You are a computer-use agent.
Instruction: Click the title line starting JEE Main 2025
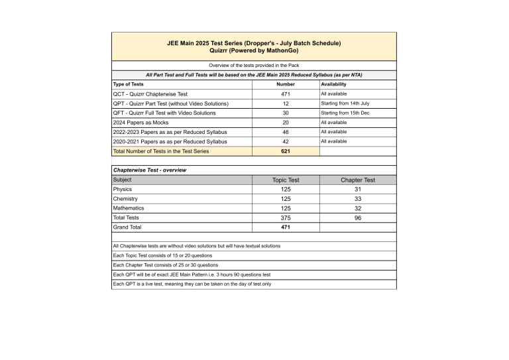254,43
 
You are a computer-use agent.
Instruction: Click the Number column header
285,85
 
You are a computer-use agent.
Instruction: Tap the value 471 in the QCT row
285,94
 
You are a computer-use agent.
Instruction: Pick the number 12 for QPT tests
285,104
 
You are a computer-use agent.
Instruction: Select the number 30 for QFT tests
285,113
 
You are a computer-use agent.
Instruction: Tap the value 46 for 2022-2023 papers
285,133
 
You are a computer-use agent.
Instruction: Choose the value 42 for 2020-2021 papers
285,142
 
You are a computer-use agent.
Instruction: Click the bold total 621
285,151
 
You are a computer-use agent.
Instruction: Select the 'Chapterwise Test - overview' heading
150,170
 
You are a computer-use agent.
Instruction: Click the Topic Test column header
286,180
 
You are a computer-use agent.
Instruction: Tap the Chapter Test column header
358,180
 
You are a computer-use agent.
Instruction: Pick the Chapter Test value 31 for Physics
358,190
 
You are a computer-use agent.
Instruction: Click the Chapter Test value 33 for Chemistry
358,199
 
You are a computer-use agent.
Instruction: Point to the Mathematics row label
129,208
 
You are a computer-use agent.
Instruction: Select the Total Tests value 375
286,217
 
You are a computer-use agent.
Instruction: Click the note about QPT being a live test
192,284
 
